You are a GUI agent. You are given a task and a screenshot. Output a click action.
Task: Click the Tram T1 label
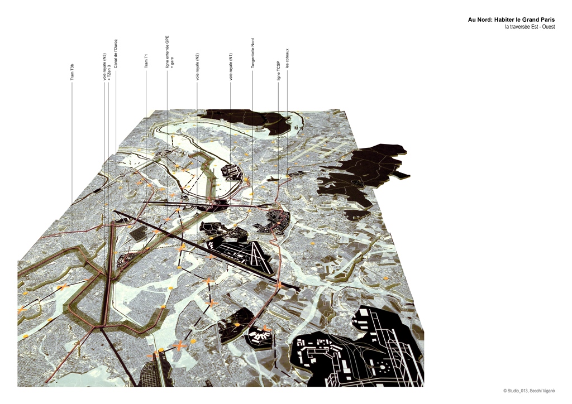[x=146, y=61]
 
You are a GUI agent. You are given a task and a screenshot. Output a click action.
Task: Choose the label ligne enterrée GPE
[x=167, y=52]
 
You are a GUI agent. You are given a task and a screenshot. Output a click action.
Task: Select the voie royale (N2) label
[x=197, y=66]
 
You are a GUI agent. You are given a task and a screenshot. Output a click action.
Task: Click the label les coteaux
[x=287, y=59]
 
